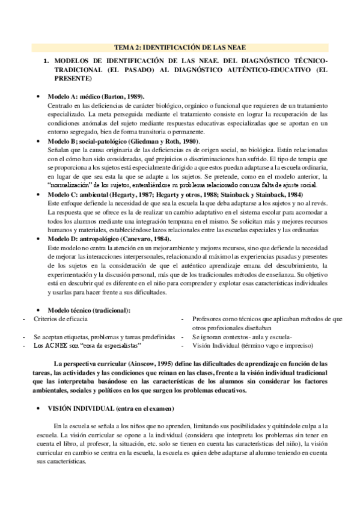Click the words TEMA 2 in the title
coord(127,47)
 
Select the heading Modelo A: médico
coord(72,96)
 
